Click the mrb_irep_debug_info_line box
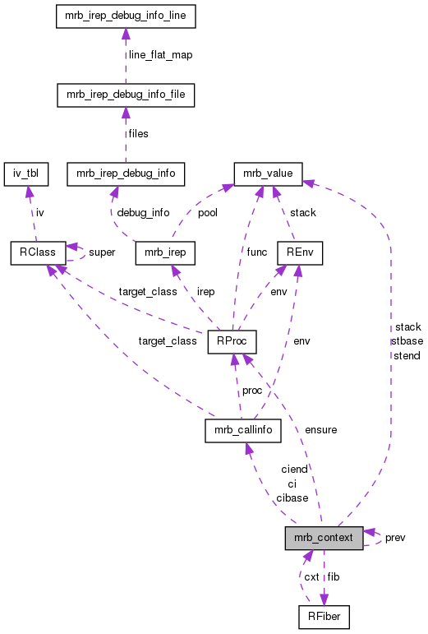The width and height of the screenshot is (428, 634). [x=125, y=16]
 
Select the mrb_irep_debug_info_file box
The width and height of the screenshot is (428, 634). [x=125, y=95]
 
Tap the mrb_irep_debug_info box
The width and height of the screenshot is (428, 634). [x=125, y=174]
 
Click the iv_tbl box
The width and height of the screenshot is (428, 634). [x=26, y=174]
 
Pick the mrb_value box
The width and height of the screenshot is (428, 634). [x=269, y=174]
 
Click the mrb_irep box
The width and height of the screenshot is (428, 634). [x=164, y=252]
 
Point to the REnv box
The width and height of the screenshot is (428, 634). [x=295, y=252]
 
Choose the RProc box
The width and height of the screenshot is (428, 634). [x=233, y=340]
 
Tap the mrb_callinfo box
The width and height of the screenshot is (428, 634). [x=244, y=429]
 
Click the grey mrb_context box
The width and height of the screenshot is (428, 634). [x=324, y=538]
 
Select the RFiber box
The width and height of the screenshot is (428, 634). [x=324, y=616]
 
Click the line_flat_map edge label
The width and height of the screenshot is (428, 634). [x=159, y=55]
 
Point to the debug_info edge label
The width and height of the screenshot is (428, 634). [x=143, y=213]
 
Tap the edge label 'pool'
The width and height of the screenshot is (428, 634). [x=207, y=213]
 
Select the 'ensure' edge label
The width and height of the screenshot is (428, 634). [x=320, y=429]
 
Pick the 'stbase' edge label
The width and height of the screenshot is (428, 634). [x=407, y=340]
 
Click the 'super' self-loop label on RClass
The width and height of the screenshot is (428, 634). [x=102, y=252]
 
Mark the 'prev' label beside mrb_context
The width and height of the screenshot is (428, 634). [x=395, y=537]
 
